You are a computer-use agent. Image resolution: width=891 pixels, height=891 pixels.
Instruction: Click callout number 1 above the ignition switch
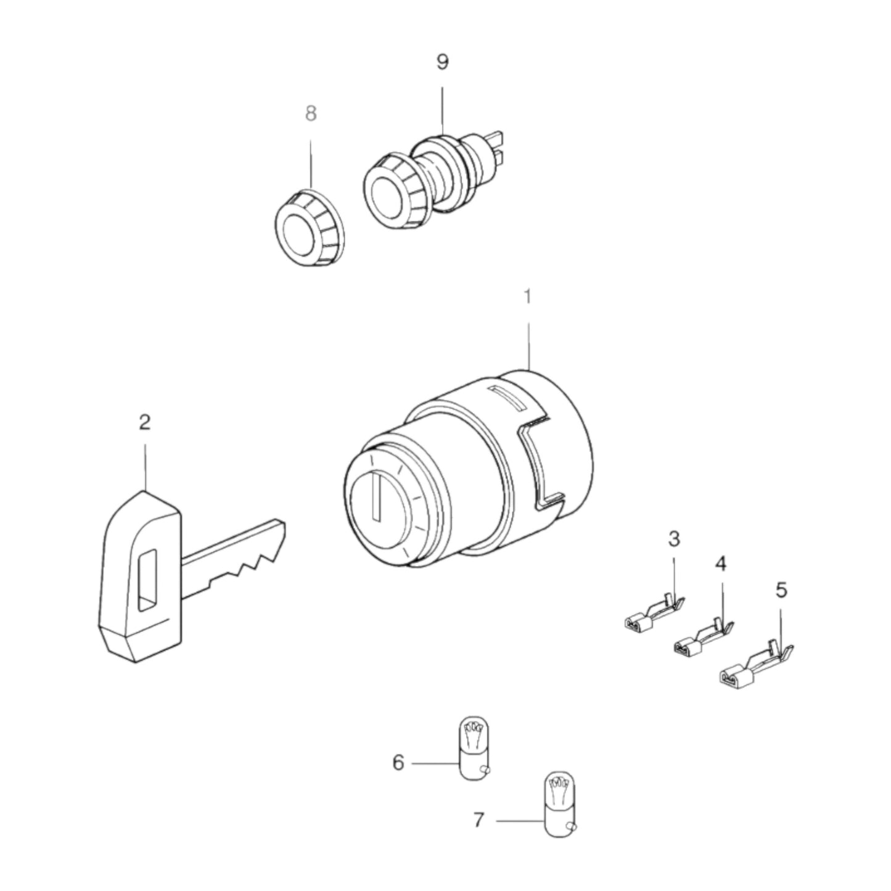[x=527, y=297]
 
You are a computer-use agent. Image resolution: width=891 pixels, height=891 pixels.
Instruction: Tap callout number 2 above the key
[x=144, y=422]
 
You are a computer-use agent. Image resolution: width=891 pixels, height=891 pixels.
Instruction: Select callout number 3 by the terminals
[x=674, y=539]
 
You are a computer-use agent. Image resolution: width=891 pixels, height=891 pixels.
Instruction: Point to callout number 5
[x=781, y=590]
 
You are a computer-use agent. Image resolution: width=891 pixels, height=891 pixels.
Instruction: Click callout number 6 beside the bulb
[x=398, y=763]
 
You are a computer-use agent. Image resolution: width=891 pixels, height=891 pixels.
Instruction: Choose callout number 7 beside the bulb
[x=479, y=820]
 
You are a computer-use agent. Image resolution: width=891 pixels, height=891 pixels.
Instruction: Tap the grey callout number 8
[x=311, y=113]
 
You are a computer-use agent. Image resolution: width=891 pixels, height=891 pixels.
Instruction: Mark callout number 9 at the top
[x=442, y=62]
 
